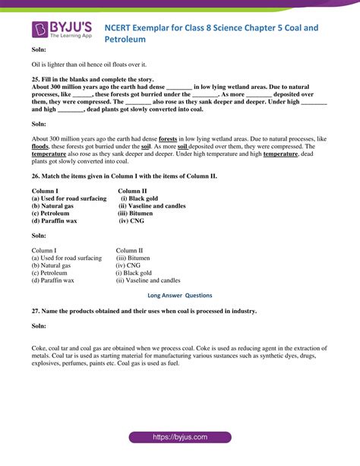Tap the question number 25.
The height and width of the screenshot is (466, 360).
(36, 78)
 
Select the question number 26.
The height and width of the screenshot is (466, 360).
(36, 175)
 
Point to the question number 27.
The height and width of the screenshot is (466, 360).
(36, 310)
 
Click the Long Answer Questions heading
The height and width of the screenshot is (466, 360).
(179, 295)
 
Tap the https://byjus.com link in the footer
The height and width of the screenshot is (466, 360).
(179, 438)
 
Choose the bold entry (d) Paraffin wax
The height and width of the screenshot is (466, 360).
(55, 221)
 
